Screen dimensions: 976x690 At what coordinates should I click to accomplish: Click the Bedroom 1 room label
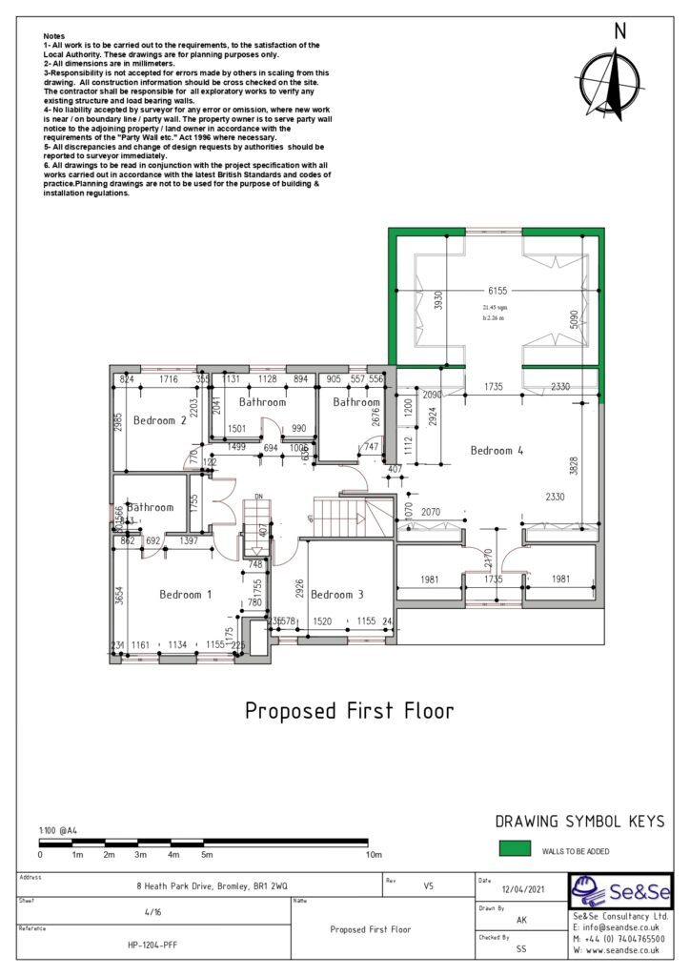(186, 595)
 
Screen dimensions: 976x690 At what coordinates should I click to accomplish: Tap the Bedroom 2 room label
(159, 420)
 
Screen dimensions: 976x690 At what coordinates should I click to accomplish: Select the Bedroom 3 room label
(337, 595)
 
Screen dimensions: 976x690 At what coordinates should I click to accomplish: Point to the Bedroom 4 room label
(497, 451)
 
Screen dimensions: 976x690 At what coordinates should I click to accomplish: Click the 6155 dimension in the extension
(497, 290)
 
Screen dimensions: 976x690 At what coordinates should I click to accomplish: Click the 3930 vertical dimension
(438, 301)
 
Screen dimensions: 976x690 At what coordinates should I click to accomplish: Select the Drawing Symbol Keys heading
(579, 822)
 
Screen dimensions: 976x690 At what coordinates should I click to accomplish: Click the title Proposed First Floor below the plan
(349, 711)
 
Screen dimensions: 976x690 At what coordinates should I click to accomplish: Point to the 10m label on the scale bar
(375, 855)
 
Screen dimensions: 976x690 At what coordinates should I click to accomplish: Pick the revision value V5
(428, 885)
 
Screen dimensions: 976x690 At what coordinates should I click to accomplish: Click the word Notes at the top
(54, 35)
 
